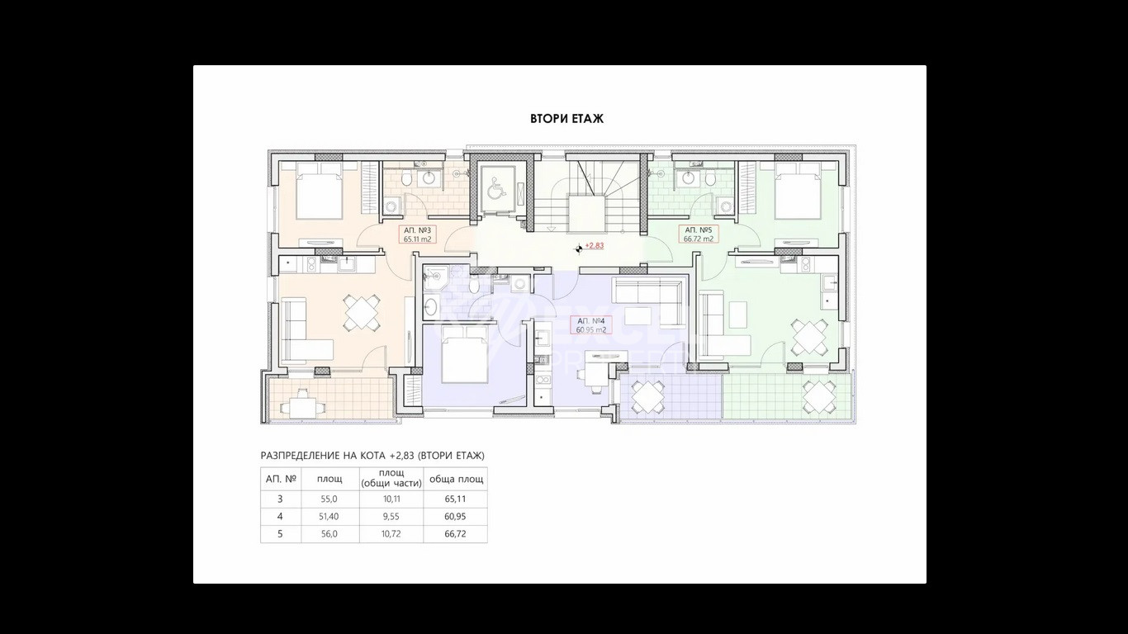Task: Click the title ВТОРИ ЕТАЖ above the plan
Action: coord(566,119)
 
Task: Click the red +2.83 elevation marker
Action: coord(594,246)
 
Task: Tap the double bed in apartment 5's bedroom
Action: coord(800,191)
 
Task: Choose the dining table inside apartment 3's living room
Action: coord(362,314)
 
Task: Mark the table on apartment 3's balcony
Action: coord(299,405)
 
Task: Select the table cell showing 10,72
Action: coord(391,534)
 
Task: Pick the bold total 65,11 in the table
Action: coord(454,499)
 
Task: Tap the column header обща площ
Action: coord(454,479)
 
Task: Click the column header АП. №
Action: coord(280,479)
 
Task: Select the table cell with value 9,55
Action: coord(391,517)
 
